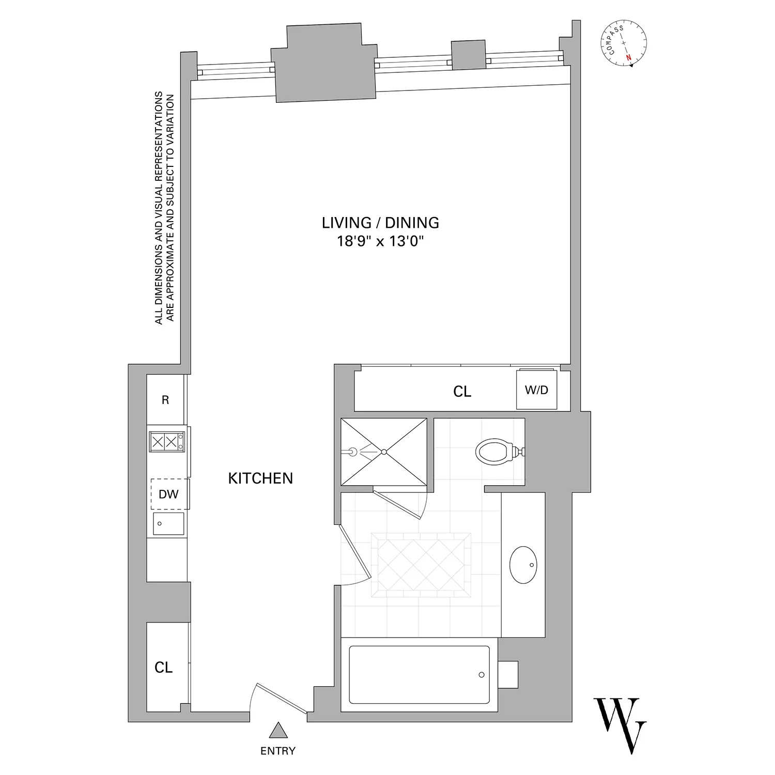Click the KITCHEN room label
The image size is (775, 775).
[260, 478]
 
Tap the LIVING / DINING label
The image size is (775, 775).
[380, 223]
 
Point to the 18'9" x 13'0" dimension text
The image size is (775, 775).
[380, 241]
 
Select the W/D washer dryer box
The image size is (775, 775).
[537, 390]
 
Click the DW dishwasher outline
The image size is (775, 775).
[168, 494]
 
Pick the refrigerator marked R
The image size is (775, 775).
[165, 400]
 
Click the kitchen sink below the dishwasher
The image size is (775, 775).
[168, 524]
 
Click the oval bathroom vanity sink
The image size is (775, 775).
[523, 565]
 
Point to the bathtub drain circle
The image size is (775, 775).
[482, 675]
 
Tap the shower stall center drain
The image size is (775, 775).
[384, 452]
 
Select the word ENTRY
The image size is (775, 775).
[278, 751]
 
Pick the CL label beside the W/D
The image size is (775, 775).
[462, 392]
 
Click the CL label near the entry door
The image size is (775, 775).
[163, 668]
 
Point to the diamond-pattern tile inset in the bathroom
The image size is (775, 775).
[421, 565]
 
